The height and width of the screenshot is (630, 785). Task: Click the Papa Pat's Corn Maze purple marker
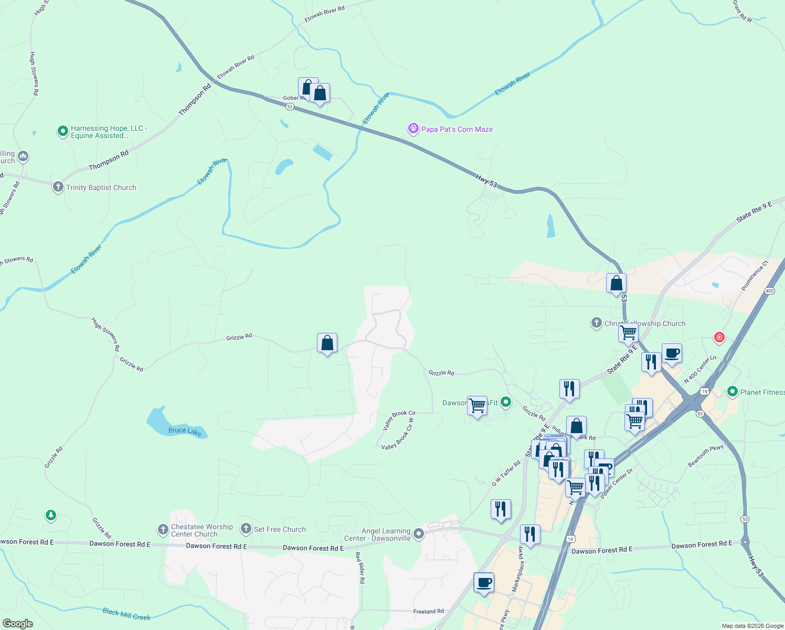(413, 129)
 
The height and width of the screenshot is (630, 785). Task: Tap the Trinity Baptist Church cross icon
(58, 187)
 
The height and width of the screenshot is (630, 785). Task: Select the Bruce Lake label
(185, 431)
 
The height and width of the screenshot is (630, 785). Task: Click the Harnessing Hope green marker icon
(63, 131)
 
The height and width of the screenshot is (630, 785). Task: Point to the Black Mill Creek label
(126, 614)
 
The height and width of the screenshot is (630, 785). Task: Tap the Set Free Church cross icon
(246, 529)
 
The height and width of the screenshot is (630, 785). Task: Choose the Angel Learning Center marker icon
(419, 534)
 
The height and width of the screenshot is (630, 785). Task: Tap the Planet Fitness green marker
(733, 392)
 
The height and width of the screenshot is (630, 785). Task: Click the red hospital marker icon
(719, 337)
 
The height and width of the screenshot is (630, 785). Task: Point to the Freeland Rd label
(428, 611)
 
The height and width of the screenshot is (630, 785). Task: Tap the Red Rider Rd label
(360, 568)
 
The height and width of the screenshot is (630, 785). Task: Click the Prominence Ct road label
(755, 276)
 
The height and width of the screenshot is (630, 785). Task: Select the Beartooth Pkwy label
(706, 456)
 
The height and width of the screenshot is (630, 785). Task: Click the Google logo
(18, 623)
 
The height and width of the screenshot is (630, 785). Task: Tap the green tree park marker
(50, 516)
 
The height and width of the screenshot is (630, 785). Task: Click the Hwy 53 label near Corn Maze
(486, 181)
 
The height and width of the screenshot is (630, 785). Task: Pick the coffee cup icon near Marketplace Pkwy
(483, 582)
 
